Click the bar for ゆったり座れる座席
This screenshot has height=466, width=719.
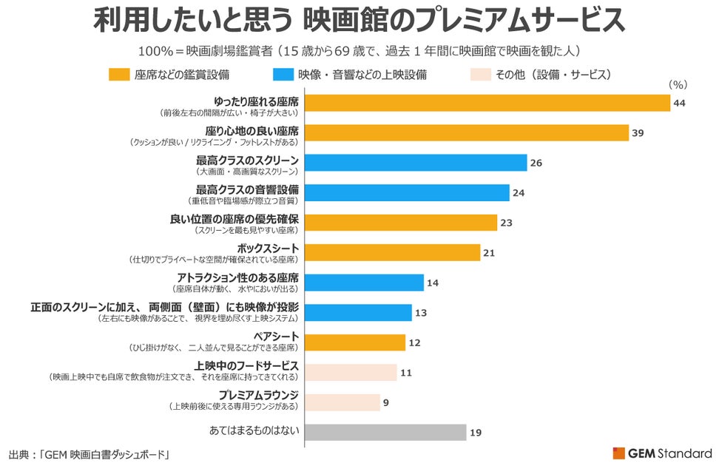click(x=487, y=102)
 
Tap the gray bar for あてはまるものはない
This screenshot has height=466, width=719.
click(x=385, y=432)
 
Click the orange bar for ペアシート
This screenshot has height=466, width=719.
click(x=355, y=342)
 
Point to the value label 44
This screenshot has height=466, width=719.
click(x=681, y=103)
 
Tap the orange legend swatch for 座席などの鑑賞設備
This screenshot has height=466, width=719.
click(x=119, y=75)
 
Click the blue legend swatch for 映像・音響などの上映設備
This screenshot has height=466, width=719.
click(x=282, y=75)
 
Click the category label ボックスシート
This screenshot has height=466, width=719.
click(x=268, y=247)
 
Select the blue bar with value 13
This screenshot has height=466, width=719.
click(x=358, y=313)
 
